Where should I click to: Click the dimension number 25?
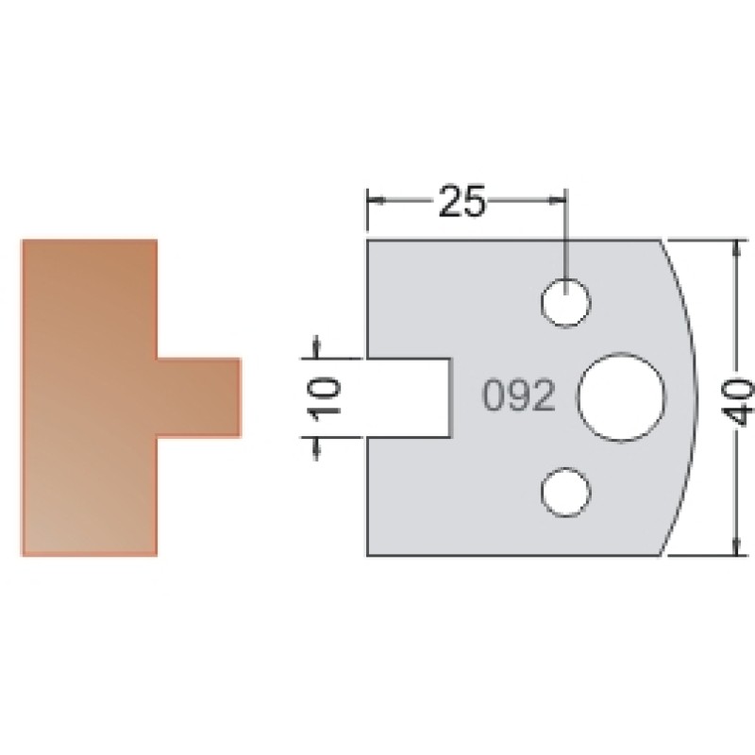462,200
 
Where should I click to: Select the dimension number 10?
326,399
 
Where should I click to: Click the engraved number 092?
518,395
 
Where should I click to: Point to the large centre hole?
621,397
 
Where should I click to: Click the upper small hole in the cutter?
565,303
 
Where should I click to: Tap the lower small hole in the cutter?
565,492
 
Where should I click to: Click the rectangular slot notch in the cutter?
410,398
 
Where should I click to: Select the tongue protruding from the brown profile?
198,397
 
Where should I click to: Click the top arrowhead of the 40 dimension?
736,248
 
